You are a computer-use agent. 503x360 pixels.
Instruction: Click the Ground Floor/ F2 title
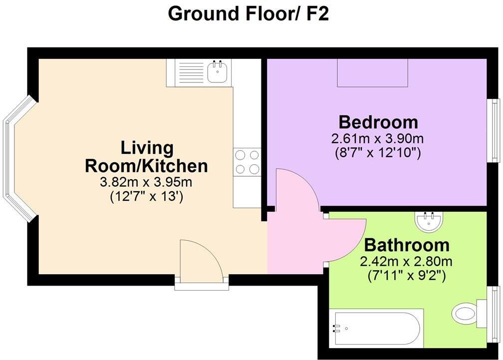click(248, 13)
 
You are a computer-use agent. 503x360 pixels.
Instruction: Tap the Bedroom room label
click(378, 122)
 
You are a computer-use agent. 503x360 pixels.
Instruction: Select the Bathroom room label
click(406, 245)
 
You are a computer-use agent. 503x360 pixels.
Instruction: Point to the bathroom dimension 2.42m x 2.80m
click(406, 261)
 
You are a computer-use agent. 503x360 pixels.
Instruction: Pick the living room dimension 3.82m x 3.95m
click(147, 182)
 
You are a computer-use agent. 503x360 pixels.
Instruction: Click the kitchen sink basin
click(218, 73)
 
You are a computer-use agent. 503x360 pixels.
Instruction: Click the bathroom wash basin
click(428, 222)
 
